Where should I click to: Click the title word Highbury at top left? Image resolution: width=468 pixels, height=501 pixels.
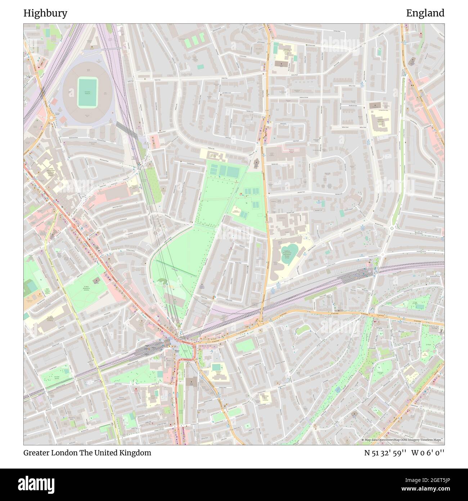point(45,13)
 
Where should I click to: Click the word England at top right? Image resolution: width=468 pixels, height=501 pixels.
point(425,13)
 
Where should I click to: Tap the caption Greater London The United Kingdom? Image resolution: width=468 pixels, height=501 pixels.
point(87,453)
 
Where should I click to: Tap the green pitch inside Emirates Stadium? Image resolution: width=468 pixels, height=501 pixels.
point(87,93)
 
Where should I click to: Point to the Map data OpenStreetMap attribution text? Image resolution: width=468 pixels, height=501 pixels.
point(402,440)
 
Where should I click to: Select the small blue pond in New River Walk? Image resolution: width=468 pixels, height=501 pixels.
point(338,390)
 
